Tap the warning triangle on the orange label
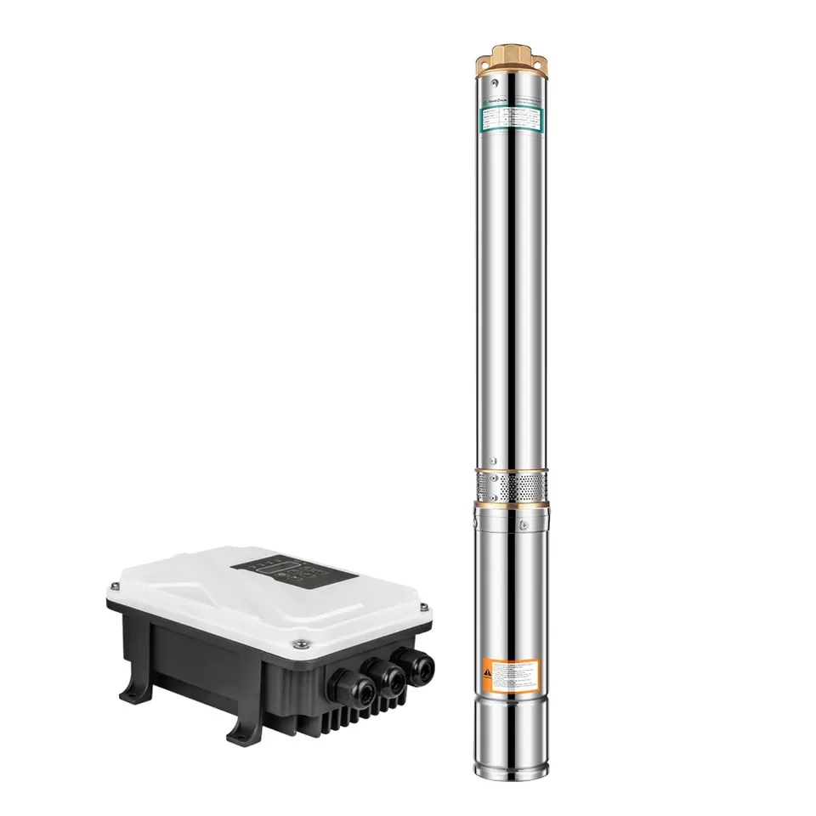(487, 671)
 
